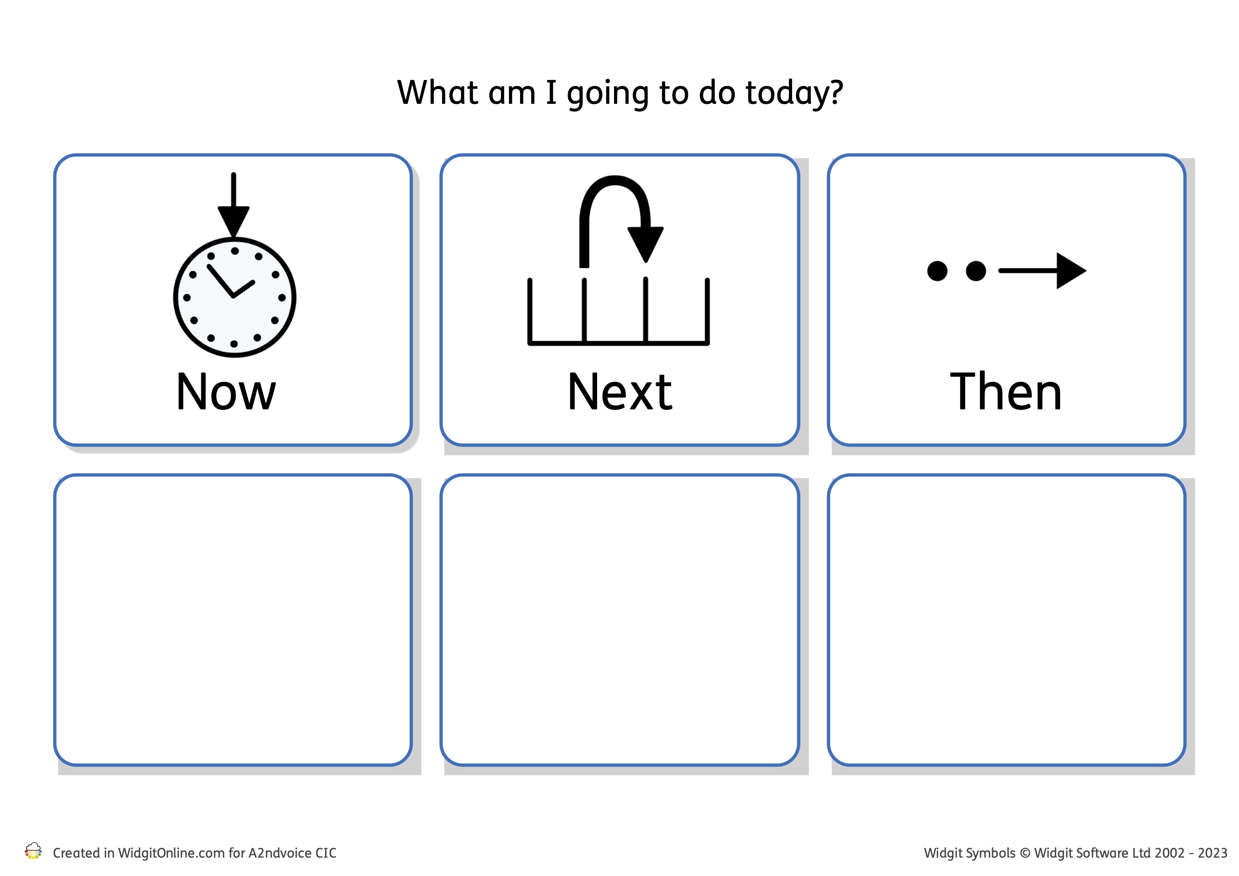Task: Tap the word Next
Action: coord(620,392)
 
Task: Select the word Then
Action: coord(1006,392)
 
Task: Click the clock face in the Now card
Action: coord(235,297)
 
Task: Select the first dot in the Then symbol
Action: coord(937,271)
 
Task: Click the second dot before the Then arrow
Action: coord(976,271)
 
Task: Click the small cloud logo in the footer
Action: coord(34,851)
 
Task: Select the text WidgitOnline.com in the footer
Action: coord(171,853)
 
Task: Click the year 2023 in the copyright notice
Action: coord(1213,853)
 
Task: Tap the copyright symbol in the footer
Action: coord(1025,853)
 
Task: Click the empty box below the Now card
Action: coord(233,620)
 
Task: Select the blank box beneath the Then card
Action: coord(1007,620)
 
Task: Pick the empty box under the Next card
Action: coord(620,620)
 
